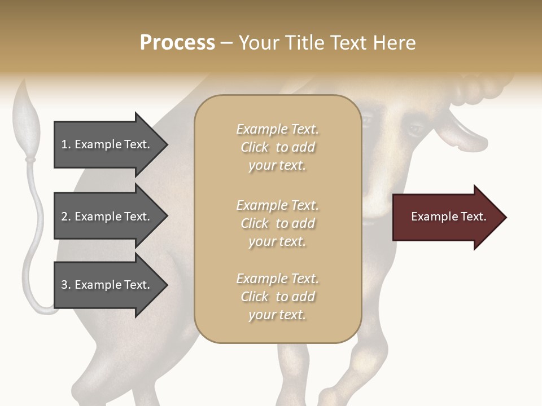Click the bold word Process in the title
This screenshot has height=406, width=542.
point(177,43)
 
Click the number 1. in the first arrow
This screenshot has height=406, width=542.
point(66,144)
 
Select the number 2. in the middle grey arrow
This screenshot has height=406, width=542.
point(66,217)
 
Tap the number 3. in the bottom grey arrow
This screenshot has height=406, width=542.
point(66,285)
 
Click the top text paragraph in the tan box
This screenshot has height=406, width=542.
point(277,147)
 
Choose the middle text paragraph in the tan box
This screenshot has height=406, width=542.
point(277,223)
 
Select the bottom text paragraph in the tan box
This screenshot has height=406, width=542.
point(277,297)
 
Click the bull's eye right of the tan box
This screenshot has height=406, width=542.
point(416,129)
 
